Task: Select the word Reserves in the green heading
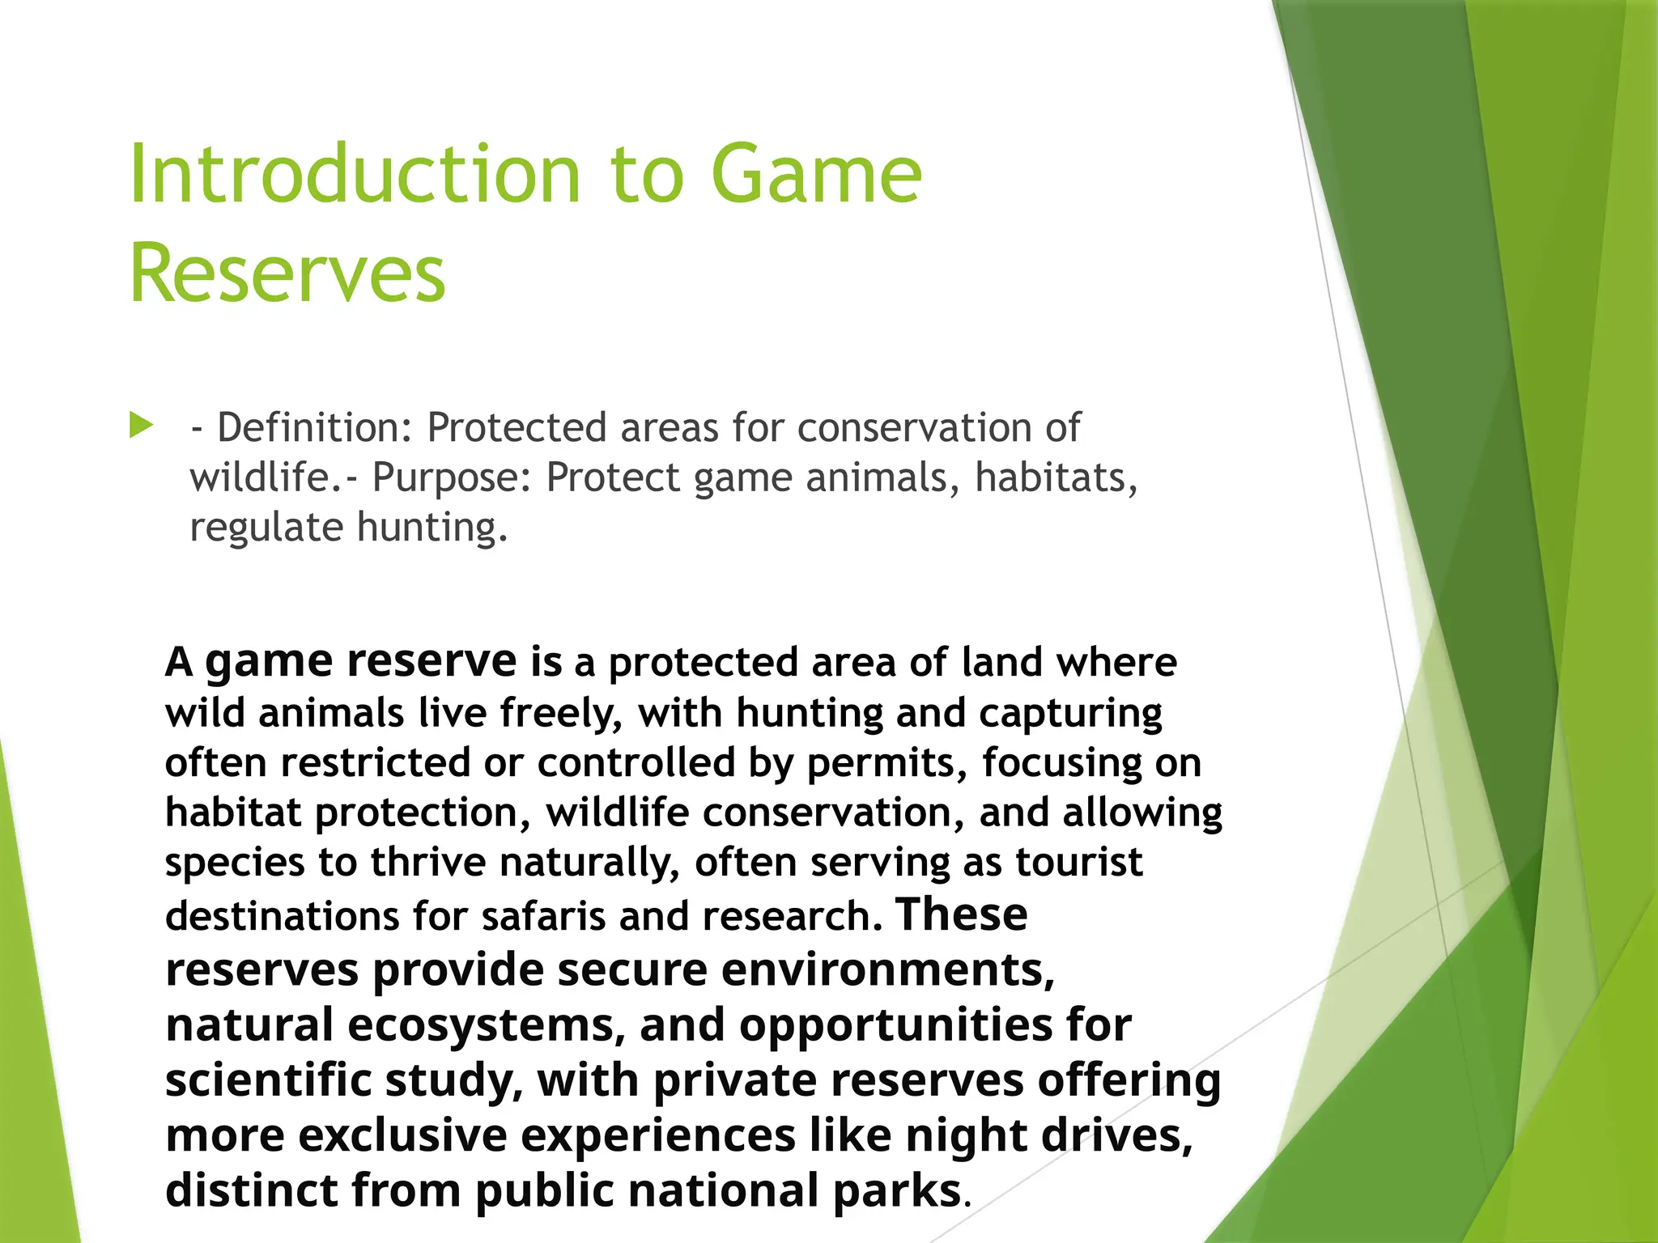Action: point(287,274)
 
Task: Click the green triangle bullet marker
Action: point(141,425)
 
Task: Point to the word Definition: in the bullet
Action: point(315,427)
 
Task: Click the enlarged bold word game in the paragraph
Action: point(268,662)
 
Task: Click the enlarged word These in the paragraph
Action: point(962,914)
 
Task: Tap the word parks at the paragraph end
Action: point(896,1190)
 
